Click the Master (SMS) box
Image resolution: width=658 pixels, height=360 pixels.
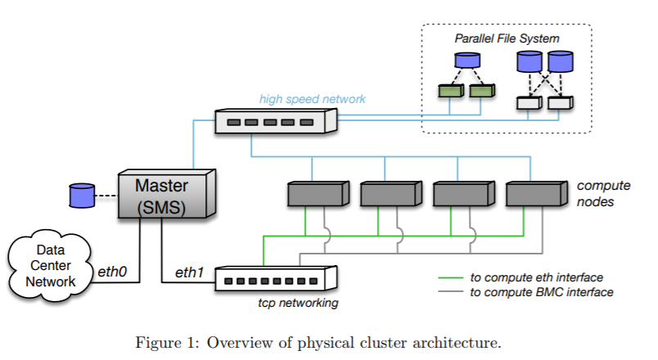167,194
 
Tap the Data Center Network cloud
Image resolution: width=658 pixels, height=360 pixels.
50,266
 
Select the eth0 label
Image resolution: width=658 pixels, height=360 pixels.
112,272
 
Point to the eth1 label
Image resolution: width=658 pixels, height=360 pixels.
189,272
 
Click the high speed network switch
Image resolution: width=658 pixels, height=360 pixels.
276,121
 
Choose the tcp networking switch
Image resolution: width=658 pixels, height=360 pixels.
276,278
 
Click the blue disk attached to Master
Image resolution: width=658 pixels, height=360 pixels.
82,196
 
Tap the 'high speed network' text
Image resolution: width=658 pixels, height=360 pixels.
312,99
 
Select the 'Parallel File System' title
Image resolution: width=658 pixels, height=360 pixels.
507,38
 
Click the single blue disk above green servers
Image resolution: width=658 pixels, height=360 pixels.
467,60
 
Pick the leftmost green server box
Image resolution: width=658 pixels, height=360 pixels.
451,91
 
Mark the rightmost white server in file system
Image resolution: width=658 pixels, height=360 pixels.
561,103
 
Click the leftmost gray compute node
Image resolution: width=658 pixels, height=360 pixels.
318,194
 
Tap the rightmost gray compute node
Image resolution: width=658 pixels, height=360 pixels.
537,194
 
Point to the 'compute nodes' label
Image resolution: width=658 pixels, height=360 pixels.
603,193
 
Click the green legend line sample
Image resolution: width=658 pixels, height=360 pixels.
451,277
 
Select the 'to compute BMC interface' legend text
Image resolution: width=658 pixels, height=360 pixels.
541,292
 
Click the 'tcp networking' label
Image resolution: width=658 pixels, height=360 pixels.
298,303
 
